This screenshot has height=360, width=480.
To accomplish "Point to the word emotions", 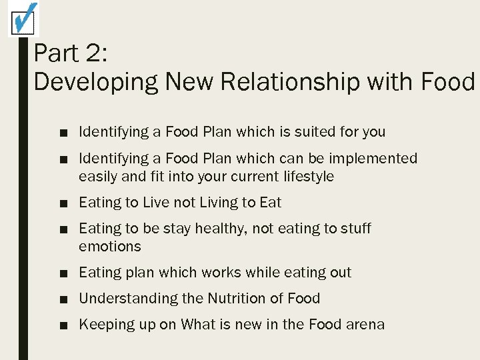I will point(110,247).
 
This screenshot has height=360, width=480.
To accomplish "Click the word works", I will point(222,273).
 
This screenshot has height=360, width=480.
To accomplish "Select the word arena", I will point(365,325).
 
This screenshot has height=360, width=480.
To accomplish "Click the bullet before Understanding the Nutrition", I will point(63,299).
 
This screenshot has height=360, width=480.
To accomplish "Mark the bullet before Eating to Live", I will point(63,203).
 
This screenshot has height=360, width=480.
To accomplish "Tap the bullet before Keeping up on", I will point(63,325).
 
